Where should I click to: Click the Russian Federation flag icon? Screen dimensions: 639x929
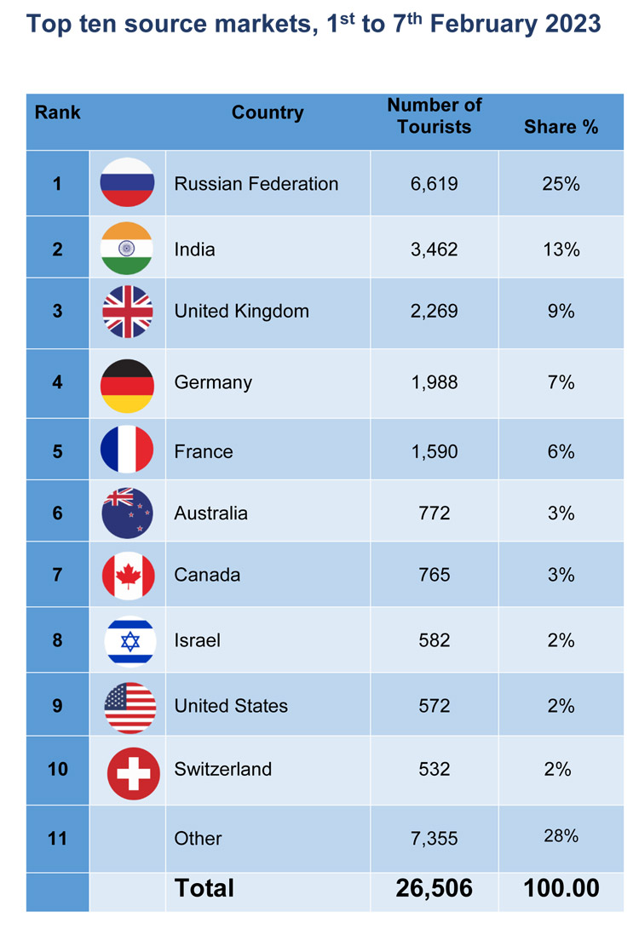tap(128, 182)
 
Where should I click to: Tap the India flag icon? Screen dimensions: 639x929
tap(127, 249)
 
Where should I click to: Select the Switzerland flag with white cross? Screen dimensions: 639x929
tap(134, 773)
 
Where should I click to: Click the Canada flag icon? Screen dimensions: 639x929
tap(128, 576)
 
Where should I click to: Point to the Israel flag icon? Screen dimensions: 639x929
tap(130, 642)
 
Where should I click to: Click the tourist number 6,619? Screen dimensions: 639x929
tap(434, 184)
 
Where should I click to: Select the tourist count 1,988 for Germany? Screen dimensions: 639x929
tap(435, 382)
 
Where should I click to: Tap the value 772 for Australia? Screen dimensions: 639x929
tap(435, 513)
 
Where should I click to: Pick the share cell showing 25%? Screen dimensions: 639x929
tap(561, 184)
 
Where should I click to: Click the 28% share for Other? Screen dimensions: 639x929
tap(561, 835)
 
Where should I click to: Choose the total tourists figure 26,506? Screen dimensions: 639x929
tap(434, 888)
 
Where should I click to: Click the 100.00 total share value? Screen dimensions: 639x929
tap(561, 888)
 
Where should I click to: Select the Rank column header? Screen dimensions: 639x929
tap(57, 112)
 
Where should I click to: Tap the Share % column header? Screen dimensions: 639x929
tap(561, 127)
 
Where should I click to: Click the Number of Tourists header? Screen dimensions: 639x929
tap(435, 116)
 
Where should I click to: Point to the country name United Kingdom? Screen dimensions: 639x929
tap(241, 312)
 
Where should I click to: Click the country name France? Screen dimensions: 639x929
tap(204, 451)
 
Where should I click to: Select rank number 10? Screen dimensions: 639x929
tap(57, 769)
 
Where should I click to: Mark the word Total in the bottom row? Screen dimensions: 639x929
tap(204, 888)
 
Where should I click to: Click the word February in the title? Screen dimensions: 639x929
tap(482, 25)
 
